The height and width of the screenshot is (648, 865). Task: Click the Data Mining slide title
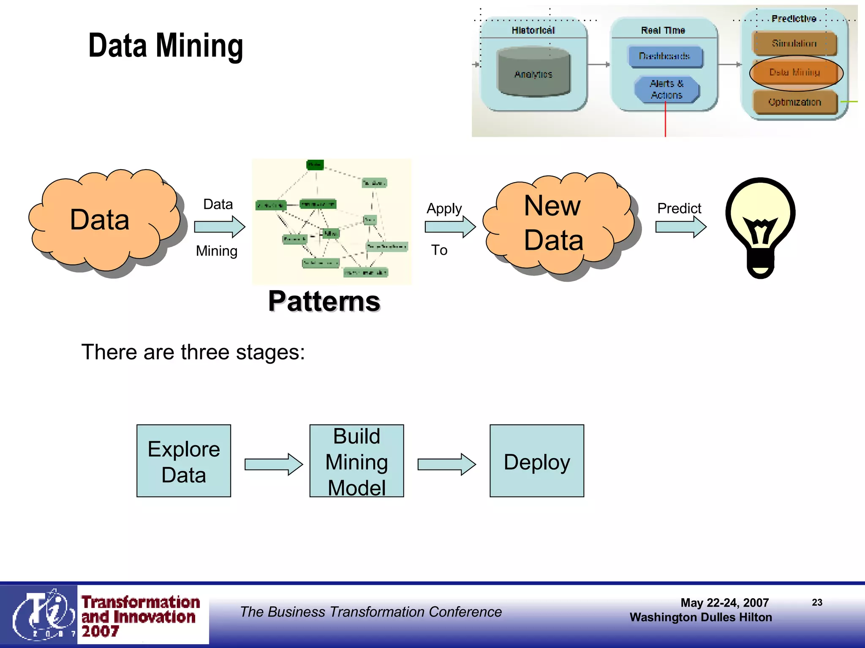166,46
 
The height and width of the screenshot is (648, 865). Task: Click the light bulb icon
760,228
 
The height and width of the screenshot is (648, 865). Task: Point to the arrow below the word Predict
680,227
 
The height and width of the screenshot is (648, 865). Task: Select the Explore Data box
184,461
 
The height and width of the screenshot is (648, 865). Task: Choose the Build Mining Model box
356,461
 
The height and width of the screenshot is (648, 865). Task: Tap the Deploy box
536,461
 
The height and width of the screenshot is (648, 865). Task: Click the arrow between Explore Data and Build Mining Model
273,464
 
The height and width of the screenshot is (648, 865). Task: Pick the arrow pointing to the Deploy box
446,464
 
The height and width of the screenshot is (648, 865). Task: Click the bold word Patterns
324,301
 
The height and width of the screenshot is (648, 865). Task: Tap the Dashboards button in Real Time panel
665,57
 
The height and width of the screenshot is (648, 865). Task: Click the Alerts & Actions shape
666,89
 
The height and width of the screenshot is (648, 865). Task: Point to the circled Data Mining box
795,73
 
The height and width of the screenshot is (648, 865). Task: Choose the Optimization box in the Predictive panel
795,102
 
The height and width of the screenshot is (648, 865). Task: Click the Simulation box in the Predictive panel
794,43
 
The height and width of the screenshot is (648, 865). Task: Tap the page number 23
817,602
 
